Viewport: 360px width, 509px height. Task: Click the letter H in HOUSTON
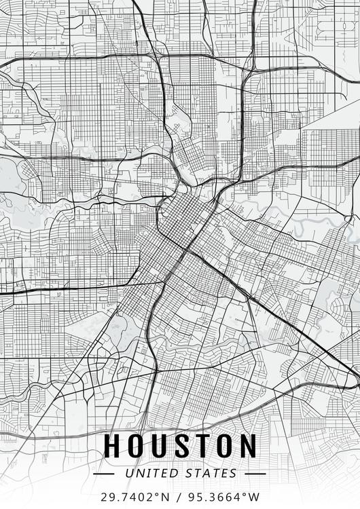[113, 446]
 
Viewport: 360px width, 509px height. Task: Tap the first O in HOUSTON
[137, 446]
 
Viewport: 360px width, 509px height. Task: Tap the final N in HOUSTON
[248, 446]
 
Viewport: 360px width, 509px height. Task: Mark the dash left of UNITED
[105, 473]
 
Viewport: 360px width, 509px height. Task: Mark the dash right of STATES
[255, 473]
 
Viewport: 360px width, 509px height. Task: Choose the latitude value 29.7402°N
[134, 497]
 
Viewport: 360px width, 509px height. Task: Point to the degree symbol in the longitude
[243, 495]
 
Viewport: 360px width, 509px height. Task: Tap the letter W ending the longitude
[253, 497]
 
